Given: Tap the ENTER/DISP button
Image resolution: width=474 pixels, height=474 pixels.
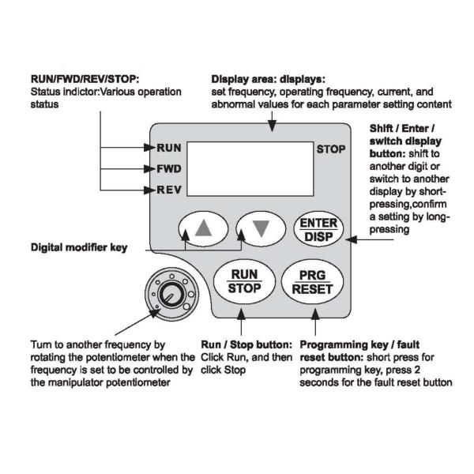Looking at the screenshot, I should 315,229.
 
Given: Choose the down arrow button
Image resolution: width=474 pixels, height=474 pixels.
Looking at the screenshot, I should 260,228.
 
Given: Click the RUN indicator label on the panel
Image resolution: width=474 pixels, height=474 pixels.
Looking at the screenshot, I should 169,148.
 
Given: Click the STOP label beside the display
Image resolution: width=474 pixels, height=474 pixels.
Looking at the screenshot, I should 329,148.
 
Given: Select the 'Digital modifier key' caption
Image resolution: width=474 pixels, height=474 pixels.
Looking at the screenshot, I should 78,247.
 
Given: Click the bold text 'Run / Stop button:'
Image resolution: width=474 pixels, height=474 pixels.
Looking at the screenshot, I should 247,345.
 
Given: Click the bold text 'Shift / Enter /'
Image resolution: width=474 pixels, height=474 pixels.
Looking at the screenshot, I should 405,130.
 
